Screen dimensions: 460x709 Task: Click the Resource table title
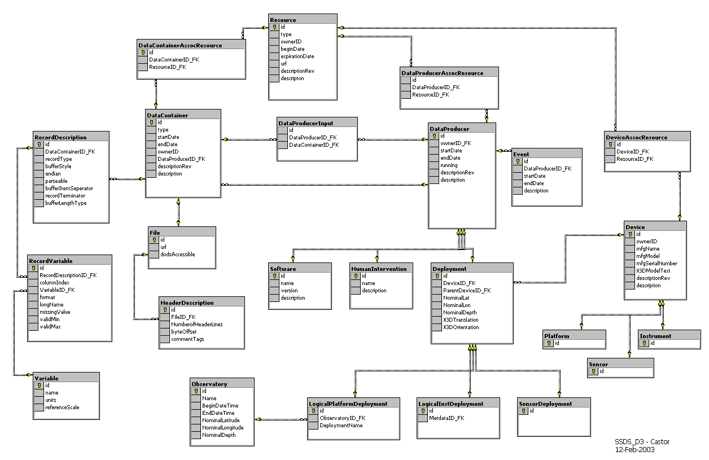click(x=283, y=20)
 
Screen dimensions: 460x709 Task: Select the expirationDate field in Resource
click(x=297, y=56)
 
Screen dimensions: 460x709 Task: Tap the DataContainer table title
click(x=168, y=115)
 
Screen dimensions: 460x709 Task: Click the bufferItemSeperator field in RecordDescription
click(x=69, y=189)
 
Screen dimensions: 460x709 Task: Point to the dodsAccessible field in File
click(x=178, y=255)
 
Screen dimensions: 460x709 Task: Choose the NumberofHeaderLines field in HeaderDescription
click(x=196, y=325)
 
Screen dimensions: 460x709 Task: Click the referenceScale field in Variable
click(x=62, y=408)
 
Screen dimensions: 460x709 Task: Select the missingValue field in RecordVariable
click(x=55, y=312)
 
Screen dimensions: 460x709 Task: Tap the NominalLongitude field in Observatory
click(x=222, y=428)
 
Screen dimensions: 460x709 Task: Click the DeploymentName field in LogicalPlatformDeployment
click(x=341, y=426)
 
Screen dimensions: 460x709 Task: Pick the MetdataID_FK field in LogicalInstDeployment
click(x=447, y=418)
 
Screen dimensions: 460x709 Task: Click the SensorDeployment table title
click(x=545, y=404)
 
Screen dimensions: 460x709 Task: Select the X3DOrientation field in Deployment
click(x=461, y=327)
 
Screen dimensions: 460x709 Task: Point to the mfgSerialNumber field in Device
click(x=657, y=264)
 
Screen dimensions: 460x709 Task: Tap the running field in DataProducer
click(x=449, y=165)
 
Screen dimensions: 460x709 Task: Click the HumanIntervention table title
click(x=378, y=269)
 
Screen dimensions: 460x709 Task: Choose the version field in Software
click(x=289, y=291)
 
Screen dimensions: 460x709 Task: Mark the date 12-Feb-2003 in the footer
click(x=635, y=449)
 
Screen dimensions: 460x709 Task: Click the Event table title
click(x=521, y=154)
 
